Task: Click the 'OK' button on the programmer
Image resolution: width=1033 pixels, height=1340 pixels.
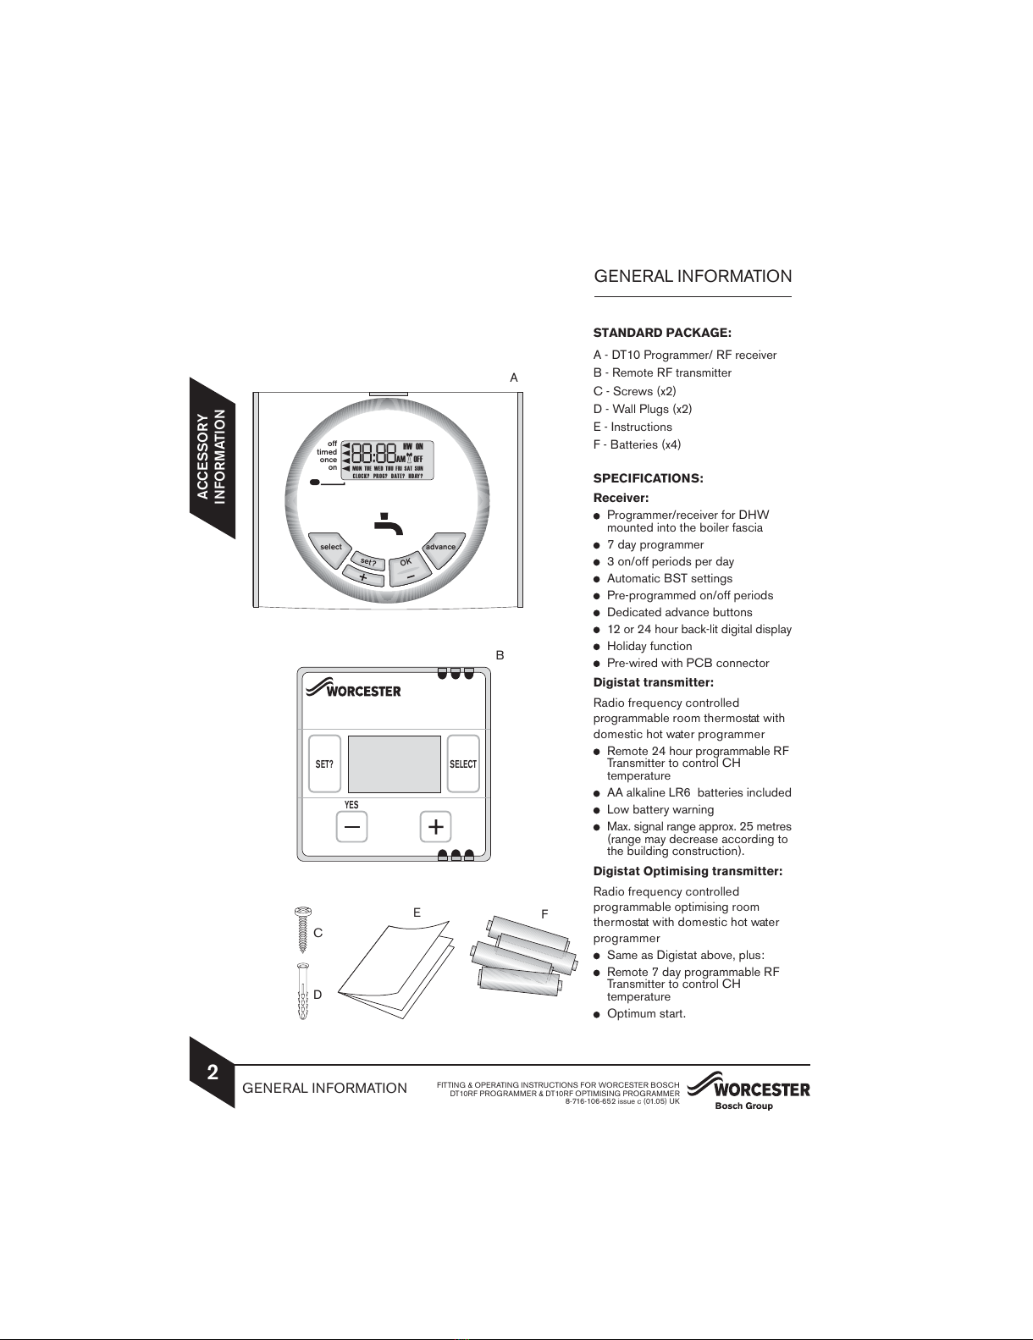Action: (x=406, y=562)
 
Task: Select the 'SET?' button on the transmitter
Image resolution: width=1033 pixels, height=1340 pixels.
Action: (x=324, y=763)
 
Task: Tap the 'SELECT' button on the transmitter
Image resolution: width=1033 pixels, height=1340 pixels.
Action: (x=463, y=763)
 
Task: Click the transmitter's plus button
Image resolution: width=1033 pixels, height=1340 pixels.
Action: (x=435, y=826)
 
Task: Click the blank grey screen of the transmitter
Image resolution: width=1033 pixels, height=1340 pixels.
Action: (x=394, y=764)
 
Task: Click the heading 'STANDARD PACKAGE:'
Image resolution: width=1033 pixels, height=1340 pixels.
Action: (x=662, y=333)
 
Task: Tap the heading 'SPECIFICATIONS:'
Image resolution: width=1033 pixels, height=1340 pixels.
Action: (x=648, y=478)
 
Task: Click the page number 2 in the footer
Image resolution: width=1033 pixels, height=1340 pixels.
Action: (x=213, y=1073)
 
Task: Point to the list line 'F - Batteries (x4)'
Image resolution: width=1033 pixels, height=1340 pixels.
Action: (x=637, y=444)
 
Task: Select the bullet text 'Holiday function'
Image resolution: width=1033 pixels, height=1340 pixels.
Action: (x=649, y=646)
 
